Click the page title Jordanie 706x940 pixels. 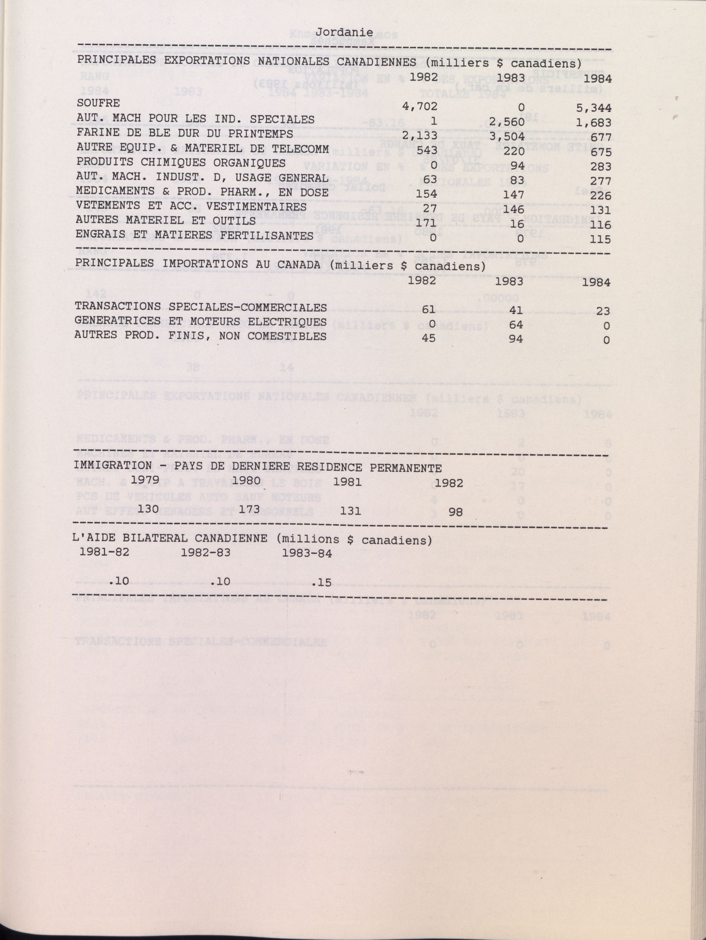(344, 32)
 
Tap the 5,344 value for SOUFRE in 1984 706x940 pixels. (593, 108)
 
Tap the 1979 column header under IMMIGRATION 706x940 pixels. (145, 480)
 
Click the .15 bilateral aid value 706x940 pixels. (321, 583)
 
